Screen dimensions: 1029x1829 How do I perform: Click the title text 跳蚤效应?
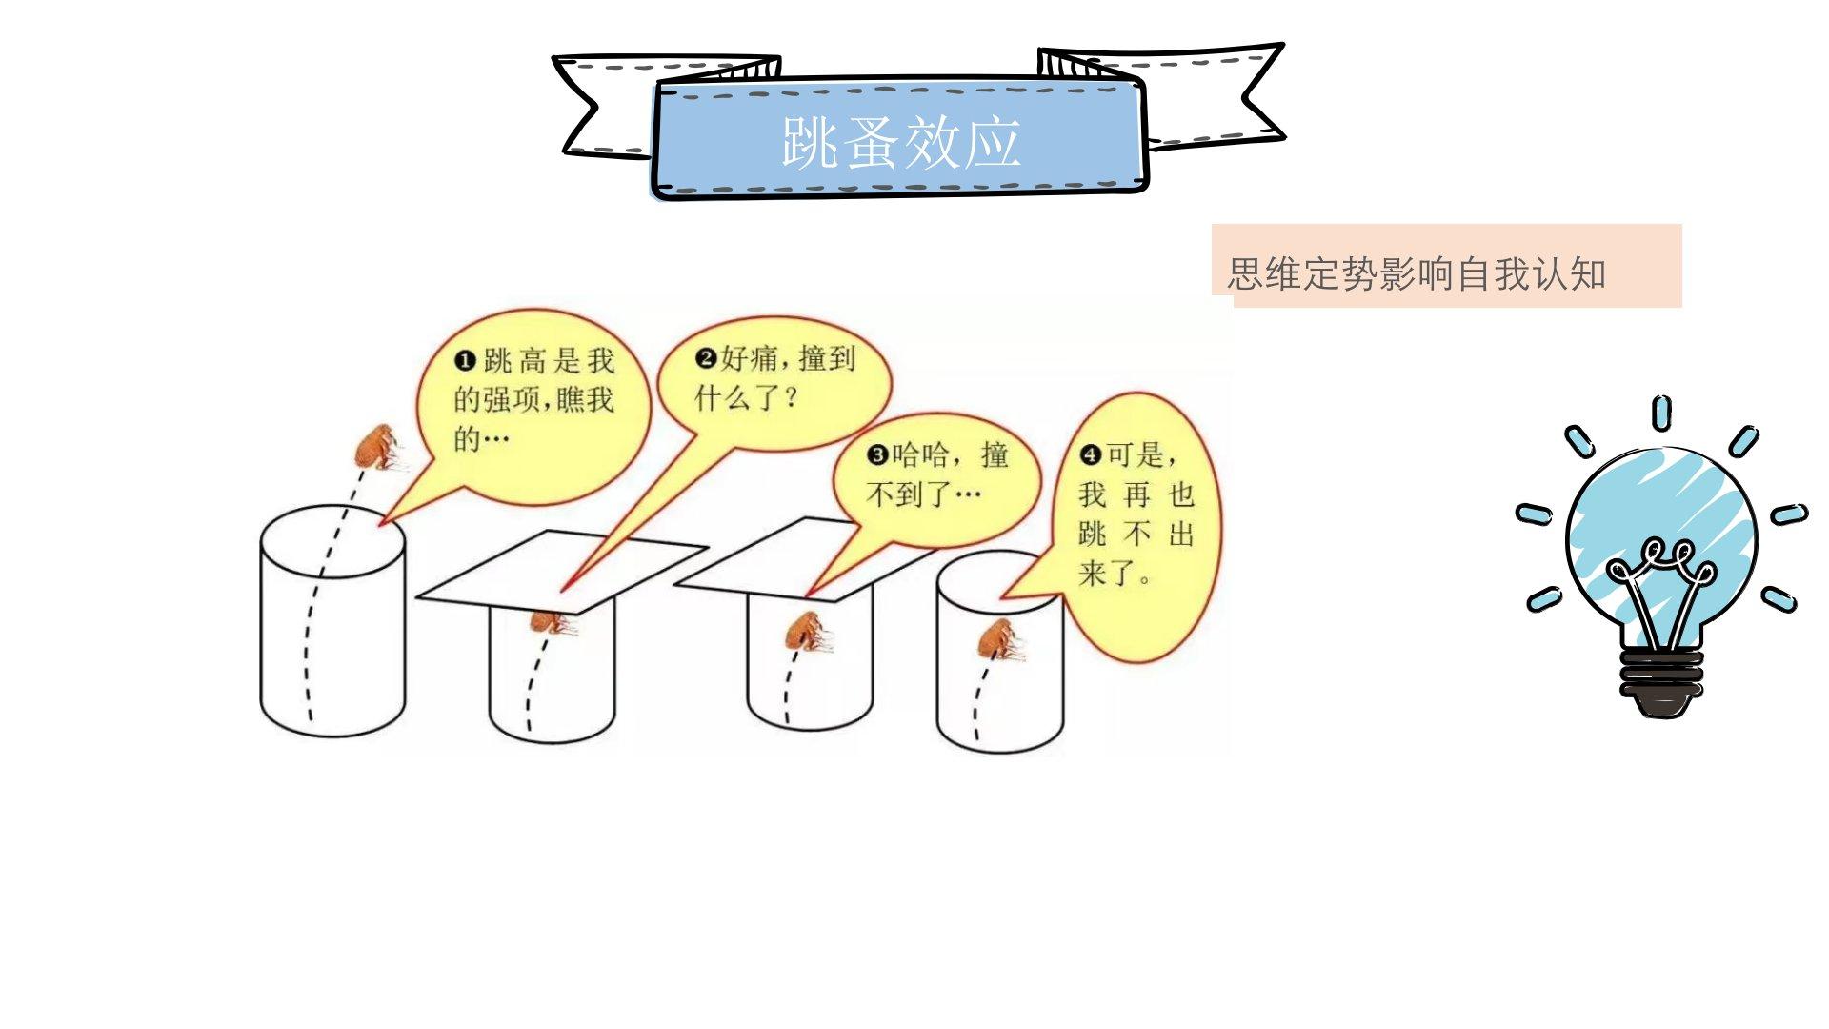click(900, 143)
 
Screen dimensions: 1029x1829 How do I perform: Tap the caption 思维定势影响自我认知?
click(1416, 274)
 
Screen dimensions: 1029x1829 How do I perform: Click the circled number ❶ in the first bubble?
click(465, 360)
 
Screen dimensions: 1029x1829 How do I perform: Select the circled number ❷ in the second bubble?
click(706, 359)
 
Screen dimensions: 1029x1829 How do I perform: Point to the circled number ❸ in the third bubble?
click(876, 455)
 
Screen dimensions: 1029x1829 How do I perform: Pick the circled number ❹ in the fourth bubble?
click(1091, 455)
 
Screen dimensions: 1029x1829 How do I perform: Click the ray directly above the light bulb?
click(1661, 413)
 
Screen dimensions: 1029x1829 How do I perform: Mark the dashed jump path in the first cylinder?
click(314, 619)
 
